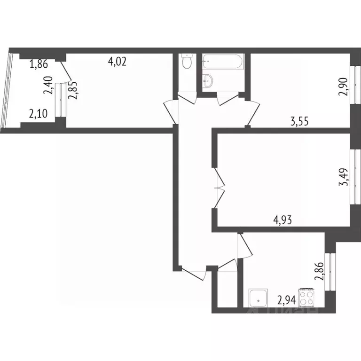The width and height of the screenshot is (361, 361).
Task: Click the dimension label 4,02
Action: [118, 62]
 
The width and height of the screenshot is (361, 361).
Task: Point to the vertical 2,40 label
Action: [48, 86]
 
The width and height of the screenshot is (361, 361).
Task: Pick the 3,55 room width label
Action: [300, 123]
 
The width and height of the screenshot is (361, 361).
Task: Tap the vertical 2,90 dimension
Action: [345, 86]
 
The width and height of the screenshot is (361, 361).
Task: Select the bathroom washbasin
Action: [207, 82]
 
